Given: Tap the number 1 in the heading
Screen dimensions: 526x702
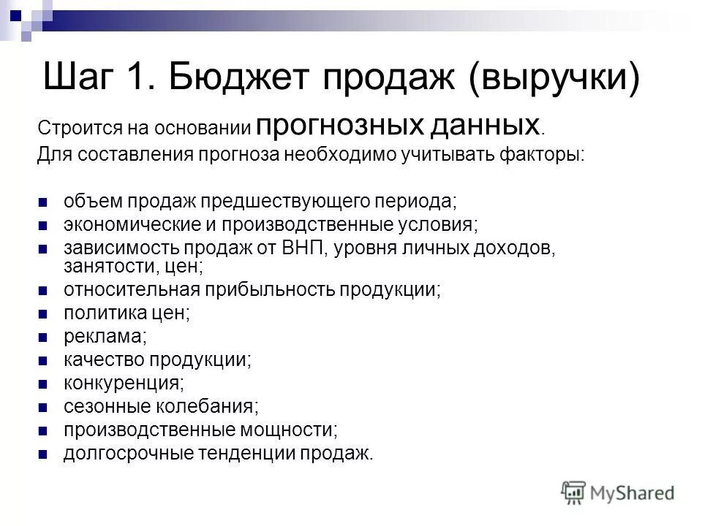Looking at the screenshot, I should [x=139, y=77].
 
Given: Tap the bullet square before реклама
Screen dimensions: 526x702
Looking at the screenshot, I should [x=42, y=337].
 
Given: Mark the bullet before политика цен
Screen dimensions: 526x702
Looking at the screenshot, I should [x=42, y=314].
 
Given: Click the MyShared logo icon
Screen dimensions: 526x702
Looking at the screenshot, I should [x=573, y=492].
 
